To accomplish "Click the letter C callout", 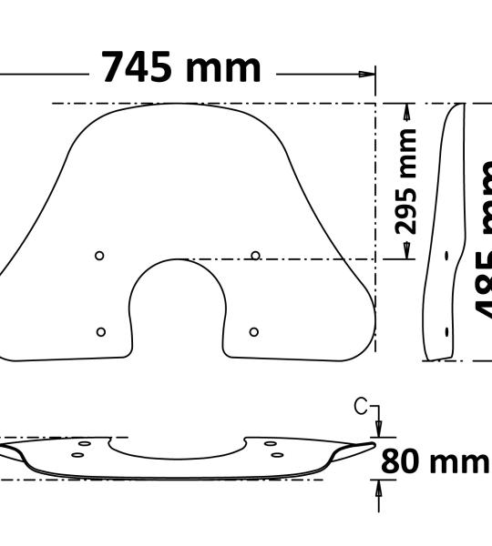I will pyautogui.click(x=362, y=407).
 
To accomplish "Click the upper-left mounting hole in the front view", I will pyautogui.click(x=100, y=256).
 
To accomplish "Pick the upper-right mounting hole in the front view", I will pyautogui.click(x=255, y=256).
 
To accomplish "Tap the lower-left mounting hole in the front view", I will pyautogui.click(x=100, y=331).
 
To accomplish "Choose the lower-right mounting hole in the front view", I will pyautogui.click(x=254, y=331).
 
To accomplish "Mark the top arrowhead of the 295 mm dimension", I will pyautogui.click(x=407, y=110).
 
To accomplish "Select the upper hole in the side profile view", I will pyautogui.click(x=446, y=256).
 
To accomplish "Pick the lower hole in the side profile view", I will pyautogui.click(x=446, y=331).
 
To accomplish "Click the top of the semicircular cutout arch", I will pyautogui.click(x=178, y=260).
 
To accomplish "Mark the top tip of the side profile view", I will pyautogui.click(x=458, y=106).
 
